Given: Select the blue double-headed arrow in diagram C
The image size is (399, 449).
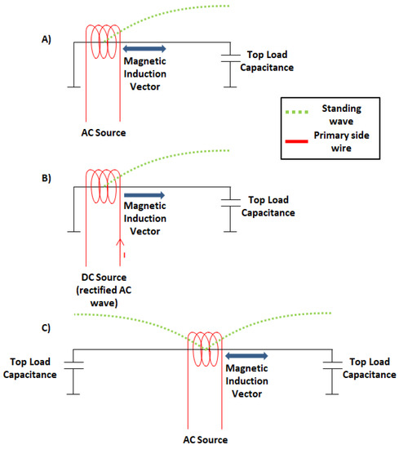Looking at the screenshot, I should coord(251,356).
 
